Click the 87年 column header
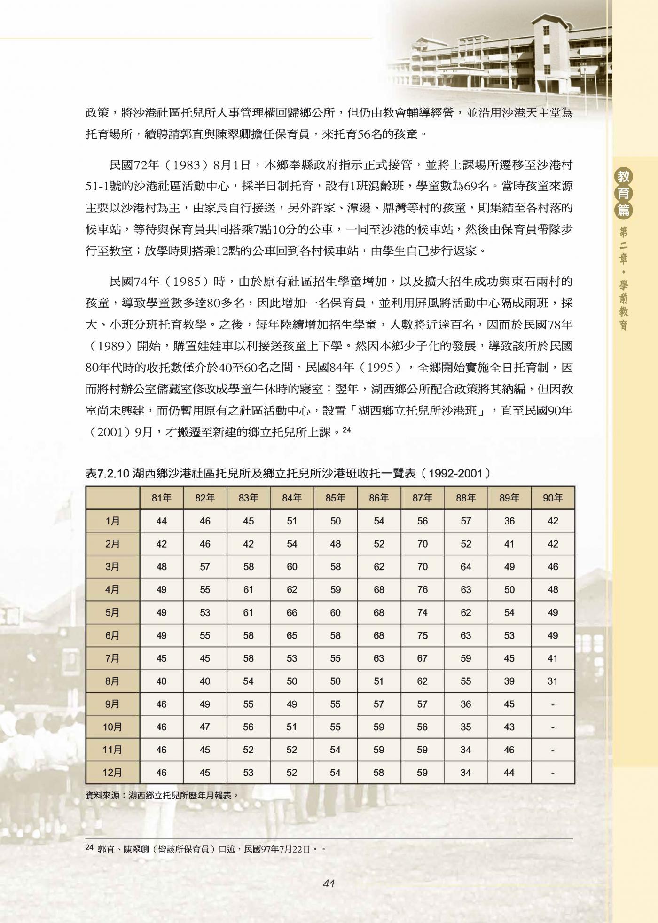[x=422, y=498]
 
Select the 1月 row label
[x=113, y=521]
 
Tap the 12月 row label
[x=113, y=773]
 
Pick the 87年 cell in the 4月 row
[x=422, y=590]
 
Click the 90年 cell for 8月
[x=553, y=681]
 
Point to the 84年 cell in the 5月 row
[x=292, y=613]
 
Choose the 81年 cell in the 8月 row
[x=161, y=681]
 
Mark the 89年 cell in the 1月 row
[x=509, y=521]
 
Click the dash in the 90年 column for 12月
[x=553, y=773]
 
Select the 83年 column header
[x=248, y=498]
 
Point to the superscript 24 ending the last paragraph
[x=346, y=429]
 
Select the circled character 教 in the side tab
[x=624, y=177]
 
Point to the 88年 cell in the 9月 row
[x=466, y=704]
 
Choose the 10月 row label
[x=113, y=727]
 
